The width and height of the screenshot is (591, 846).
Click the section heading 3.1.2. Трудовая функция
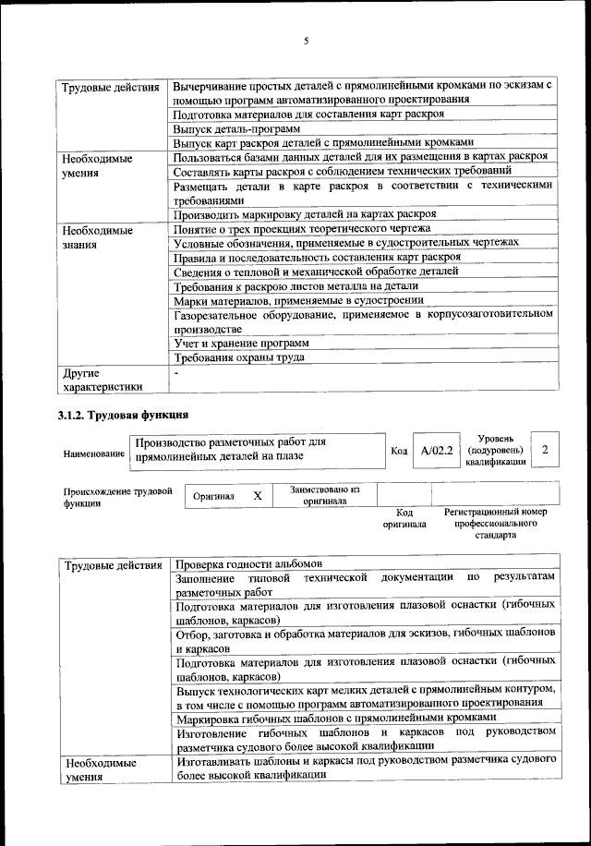(124, 414)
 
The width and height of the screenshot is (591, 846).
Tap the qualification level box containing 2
(546, 449)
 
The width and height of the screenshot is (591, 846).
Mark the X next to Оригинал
(258, 496)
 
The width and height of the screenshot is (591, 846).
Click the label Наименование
(94, 454)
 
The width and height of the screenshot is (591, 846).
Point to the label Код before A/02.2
(399, 451)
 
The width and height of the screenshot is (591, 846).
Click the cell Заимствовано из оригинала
(324, 495)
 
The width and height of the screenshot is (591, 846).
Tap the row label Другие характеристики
(102, 381)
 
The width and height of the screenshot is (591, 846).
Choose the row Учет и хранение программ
(229, 343)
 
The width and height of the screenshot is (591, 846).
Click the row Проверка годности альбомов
(247, 563)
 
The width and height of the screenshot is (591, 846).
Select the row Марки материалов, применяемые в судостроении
(298, 300)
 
